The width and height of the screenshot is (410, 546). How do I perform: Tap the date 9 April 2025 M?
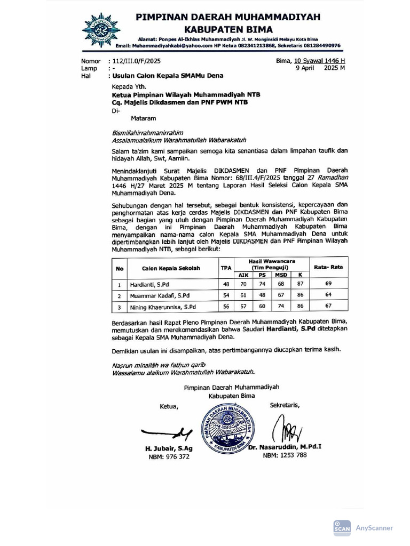321,68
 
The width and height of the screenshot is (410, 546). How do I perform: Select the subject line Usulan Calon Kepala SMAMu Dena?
167,76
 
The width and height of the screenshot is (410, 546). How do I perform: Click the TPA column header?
226,268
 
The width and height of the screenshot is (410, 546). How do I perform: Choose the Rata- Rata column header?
328,267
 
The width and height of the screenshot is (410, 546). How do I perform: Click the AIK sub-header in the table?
243,275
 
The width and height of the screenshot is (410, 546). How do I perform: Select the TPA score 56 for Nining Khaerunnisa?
226,307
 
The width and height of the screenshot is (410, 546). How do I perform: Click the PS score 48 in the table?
262,295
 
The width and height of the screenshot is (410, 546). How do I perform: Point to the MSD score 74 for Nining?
281,307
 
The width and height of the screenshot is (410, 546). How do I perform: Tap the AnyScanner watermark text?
374,528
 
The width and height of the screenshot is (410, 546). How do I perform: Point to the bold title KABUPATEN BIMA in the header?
228,29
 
